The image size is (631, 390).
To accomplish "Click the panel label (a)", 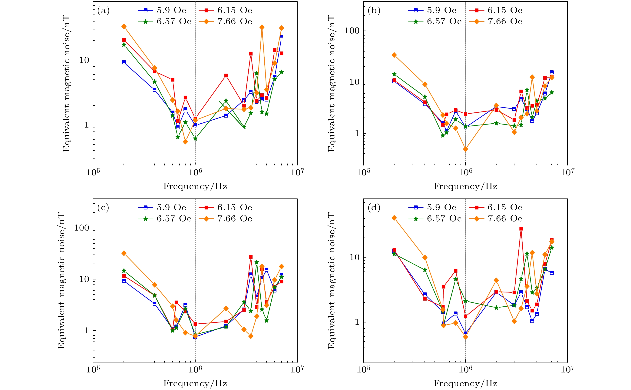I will pyautogui.click(x=103, y=11).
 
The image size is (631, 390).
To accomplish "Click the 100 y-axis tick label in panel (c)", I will pyautogui.click(x=81, y=228).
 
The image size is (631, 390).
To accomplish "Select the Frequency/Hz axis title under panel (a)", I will pyautogui.click(x=195, y=186).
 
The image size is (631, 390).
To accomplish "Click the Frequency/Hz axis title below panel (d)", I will pyautogui.click(x=465, y=383).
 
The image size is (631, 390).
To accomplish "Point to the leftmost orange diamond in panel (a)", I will pyautogui.click(x=124, y=27).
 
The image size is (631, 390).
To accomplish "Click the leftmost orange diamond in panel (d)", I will pyautogui.click(x=394, y=218).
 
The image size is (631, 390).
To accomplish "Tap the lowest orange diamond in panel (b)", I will pyautogui.click(x=465, y=149).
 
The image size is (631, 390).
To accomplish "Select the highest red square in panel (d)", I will pyautogui.click(x=521, y=228).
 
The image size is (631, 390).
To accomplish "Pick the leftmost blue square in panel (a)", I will pyautogui.click(x=124, y=62).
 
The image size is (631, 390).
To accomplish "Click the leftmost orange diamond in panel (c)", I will pyautogui.click(x=124, y=253).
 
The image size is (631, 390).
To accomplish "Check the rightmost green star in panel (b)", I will pyautogui.click(x=552, y=92).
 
